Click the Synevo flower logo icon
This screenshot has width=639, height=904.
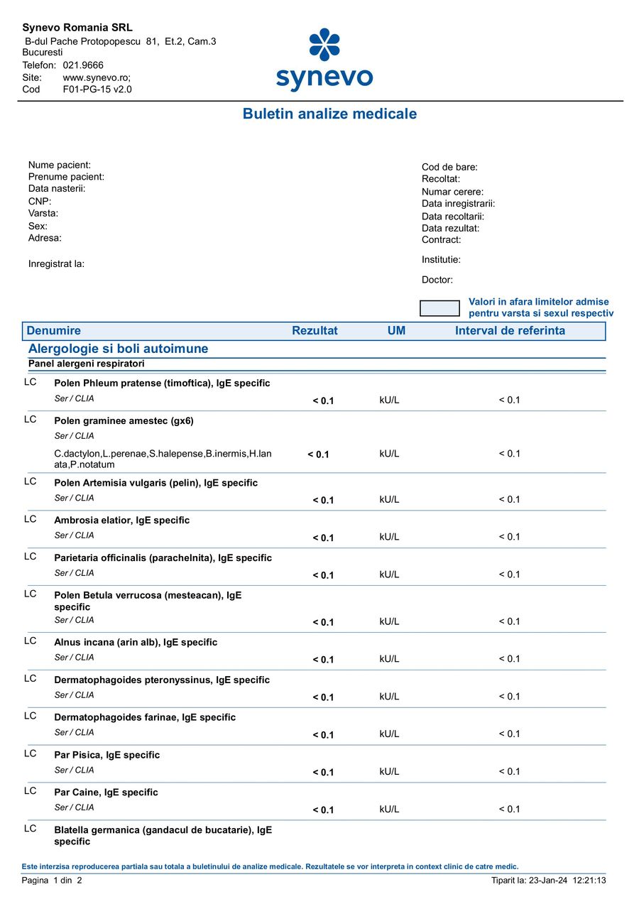324,44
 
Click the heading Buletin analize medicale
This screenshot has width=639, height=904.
329,114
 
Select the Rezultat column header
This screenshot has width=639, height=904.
315,331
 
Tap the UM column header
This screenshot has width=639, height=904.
396,331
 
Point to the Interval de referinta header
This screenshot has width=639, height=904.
510,331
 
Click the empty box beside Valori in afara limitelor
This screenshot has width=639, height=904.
439,308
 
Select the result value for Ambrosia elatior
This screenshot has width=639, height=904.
323,538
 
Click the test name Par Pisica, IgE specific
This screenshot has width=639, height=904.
107,755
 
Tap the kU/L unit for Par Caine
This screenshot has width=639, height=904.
389,809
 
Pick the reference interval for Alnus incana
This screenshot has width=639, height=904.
509,658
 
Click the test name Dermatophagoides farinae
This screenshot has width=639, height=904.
145,717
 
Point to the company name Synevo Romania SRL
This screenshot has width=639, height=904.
77,28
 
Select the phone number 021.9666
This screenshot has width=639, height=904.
83,65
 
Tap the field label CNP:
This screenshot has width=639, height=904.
40,201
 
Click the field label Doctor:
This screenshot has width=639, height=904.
437,280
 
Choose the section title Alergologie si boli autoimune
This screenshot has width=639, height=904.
118,349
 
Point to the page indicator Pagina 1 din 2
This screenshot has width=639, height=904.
53,881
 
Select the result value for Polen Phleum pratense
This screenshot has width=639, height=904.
323,401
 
